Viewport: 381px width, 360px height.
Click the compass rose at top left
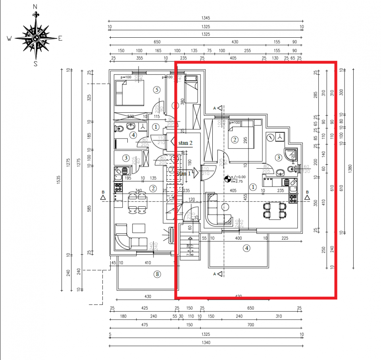[x=36, y=38]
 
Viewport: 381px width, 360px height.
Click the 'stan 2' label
[x=185, y=142]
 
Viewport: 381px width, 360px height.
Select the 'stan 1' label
[x=183, y=173]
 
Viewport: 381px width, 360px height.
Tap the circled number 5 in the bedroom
[x=157, y=90]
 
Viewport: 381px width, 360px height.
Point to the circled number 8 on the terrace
[x=158, y=273]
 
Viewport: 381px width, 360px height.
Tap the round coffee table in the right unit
[x=226, y=206]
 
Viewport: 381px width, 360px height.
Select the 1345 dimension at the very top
[x=205, y=18]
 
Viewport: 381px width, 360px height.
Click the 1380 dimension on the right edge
[x=350, y=168]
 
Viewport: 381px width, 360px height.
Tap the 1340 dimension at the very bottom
[x=206, y=343]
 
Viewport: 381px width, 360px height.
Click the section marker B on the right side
[x=307, y=195]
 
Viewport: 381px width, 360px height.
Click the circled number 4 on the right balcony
[x=246, y=248]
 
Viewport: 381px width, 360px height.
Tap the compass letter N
[x=35, y=6]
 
